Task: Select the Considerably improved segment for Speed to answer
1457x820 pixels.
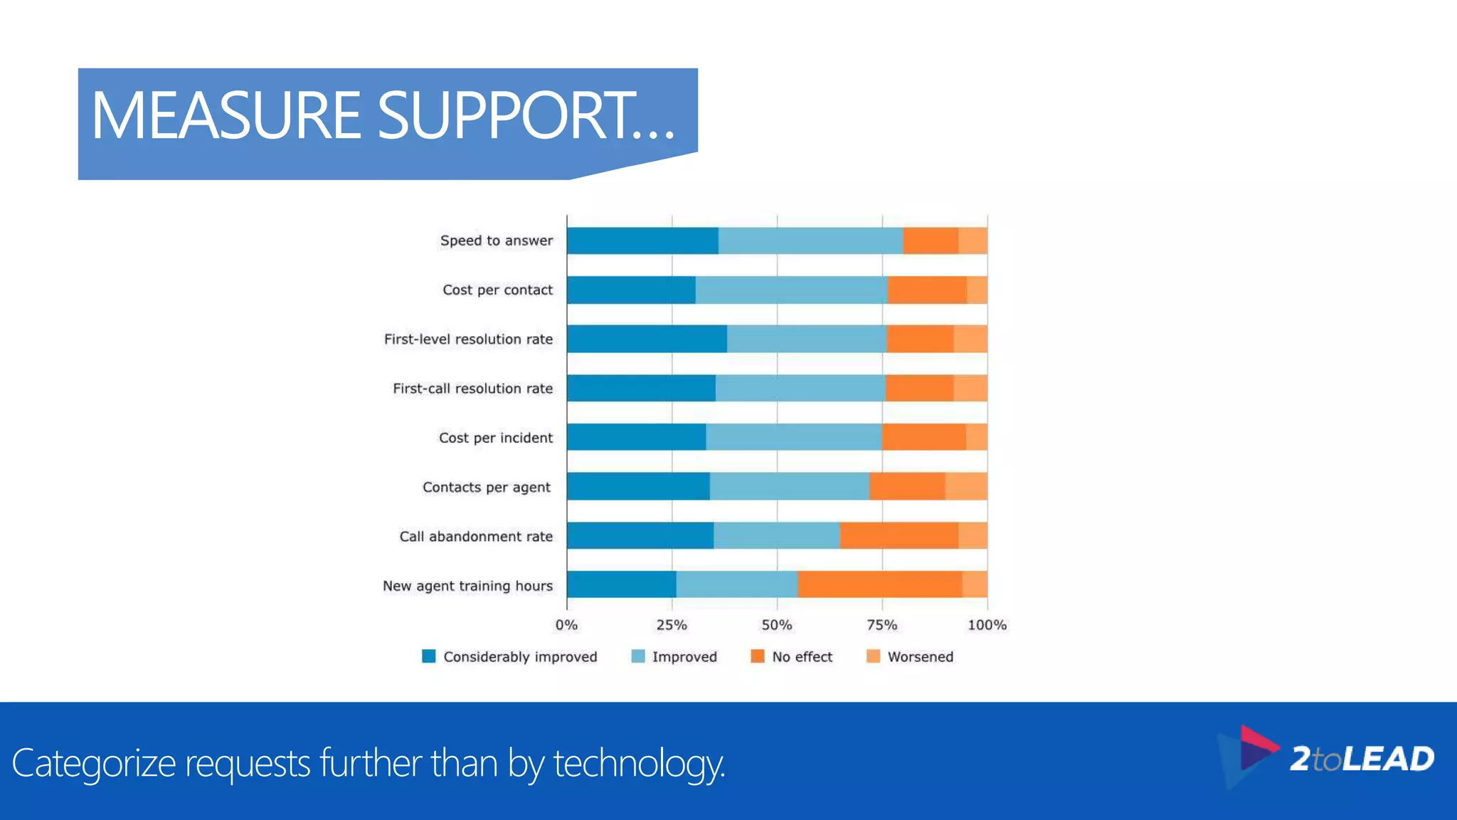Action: [x=642, y=241]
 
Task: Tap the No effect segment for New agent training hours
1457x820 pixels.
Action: [x=879, y=584]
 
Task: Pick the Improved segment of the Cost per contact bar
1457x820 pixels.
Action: [x=791, y=290]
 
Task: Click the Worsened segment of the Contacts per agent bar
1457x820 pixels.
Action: [x=965, y=486]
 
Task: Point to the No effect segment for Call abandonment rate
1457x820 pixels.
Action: [x=899, y=535]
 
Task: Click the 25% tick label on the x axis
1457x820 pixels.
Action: [x=672, y=625]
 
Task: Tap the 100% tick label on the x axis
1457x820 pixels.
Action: [x=987, y=625]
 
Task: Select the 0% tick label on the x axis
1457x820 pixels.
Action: [x=566, y=625]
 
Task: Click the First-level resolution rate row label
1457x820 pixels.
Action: [x=468, y=340]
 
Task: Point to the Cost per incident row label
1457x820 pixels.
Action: [x=495, y=438]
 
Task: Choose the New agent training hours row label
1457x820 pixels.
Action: [x=467, y=586]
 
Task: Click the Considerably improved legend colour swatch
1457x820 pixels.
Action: [x=428, y=656]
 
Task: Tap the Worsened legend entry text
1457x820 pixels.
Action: [x=920, y=657]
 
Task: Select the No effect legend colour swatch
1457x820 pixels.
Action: [x=758, y=656]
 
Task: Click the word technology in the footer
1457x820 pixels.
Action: [x=638, y=764]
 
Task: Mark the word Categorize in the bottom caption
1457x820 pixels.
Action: [x=93, y=764]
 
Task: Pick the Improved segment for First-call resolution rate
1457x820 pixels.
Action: [x=800, y=388]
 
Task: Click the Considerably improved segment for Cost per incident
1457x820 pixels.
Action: [x=637, y=437]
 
